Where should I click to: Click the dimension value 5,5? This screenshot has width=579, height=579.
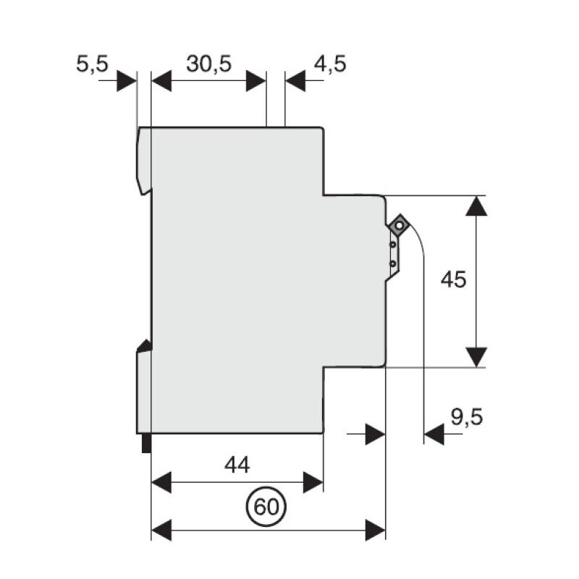coord(92,64)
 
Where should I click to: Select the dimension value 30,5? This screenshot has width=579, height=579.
coord(208,64)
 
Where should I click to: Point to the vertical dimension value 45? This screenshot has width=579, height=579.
coord(453,279)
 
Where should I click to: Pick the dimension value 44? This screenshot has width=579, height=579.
coord(237,465)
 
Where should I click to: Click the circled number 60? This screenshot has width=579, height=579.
coord(267,507)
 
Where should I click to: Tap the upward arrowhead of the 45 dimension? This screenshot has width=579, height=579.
coord(476,205)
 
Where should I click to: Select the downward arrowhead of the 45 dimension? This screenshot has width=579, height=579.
coord(476,356)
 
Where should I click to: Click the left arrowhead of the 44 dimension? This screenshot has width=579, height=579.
coord(161,481)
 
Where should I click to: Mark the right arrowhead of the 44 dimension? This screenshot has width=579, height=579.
coord(313,481)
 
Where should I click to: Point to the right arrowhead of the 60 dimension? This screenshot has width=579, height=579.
coord(375,529)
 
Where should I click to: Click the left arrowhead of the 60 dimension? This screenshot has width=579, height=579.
coord(161,529)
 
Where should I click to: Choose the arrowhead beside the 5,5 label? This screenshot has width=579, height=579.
coord(127,80)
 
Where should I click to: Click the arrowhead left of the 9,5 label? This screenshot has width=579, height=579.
coord(432,434)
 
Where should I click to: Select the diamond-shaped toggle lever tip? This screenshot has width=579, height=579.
coord(398,226)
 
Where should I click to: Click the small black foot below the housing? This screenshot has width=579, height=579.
coord(145,442)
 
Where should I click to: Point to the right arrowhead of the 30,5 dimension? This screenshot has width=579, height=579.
coord(256,80)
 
